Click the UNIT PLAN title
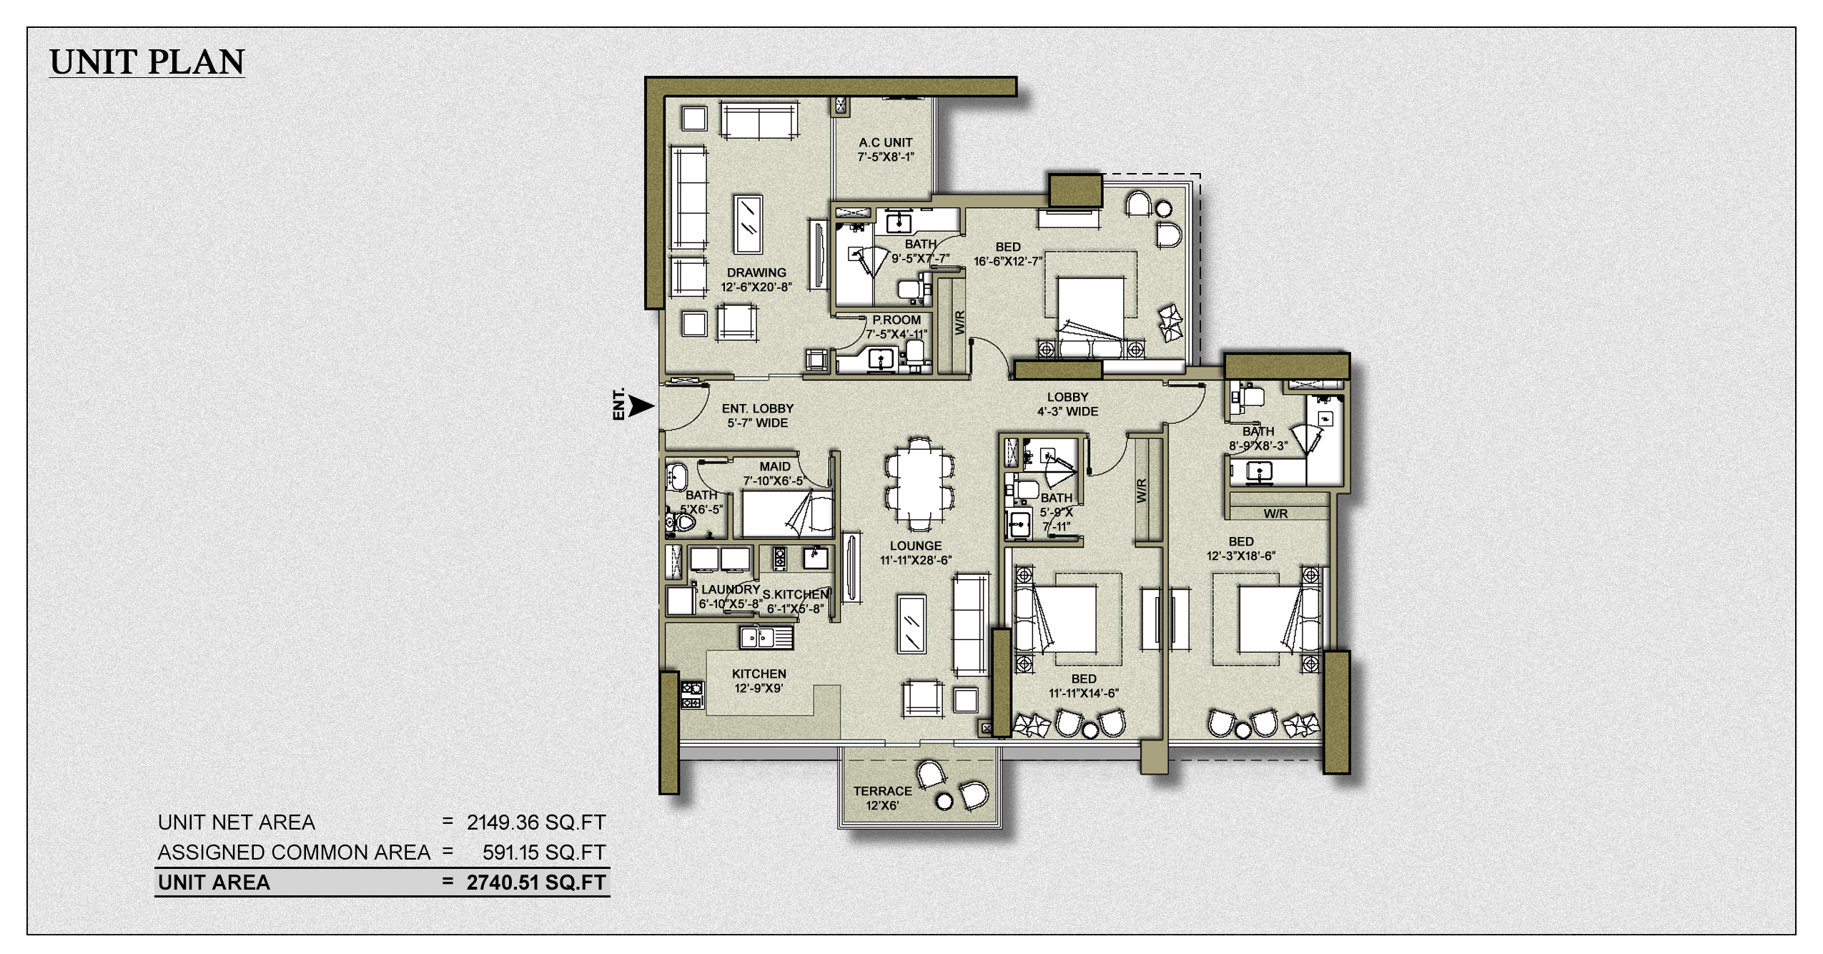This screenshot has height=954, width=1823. point(147,62)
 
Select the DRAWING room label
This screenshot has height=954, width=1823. point(756,272)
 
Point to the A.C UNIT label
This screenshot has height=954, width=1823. point(886,142)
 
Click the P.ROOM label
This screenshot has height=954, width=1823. point(896,320)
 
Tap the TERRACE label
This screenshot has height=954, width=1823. point(882,791)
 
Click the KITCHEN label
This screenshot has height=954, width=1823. point(759,674)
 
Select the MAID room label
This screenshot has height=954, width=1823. point(775,467)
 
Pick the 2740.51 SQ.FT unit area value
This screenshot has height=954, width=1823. point(536,882)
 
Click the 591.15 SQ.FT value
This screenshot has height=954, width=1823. point(544,852)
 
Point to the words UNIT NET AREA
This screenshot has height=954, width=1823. point(237,822)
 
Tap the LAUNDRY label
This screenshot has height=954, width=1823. point(730,589)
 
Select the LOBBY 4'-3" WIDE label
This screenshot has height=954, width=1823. point(1067,404)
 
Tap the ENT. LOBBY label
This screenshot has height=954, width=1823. point(757,415)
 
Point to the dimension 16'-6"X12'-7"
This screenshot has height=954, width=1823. point(1008,261)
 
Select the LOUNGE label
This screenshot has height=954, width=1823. point(916,546)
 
